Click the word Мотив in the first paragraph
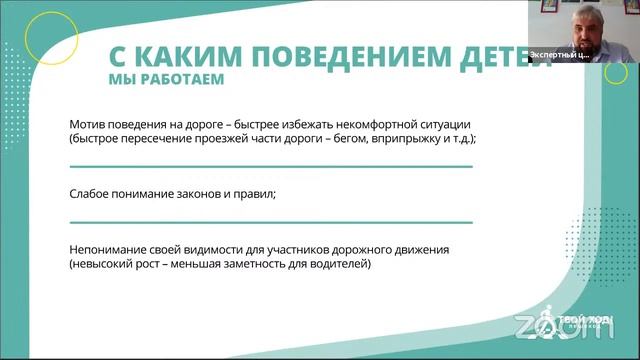(89, 123)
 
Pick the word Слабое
(92, 195)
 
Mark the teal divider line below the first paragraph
(271, 166)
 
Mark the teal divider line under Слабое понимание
(271, 221)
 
